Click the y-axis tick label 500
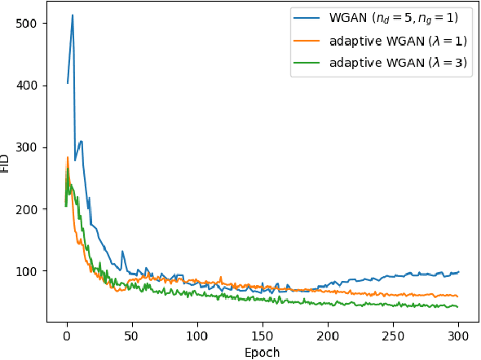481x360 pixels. point(27,23)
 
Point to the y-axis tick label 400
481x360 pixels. point(27,85)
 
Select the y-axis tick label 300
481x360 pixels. point(27,147)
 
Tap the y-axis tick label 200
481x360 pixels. point(27,209)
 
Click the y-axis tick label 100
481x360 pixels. point(27,270)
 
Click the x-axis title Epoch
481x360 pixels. point(263,352)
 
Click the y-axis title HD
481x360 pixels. point(7,163)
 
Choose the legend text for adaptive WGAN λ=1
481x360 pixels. point(397,42)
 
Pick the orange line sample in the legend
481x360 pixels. point(311,42)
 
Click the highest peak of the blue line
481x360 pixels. point(73,15)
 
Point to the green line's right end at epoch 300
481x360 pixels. point(458,307)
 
